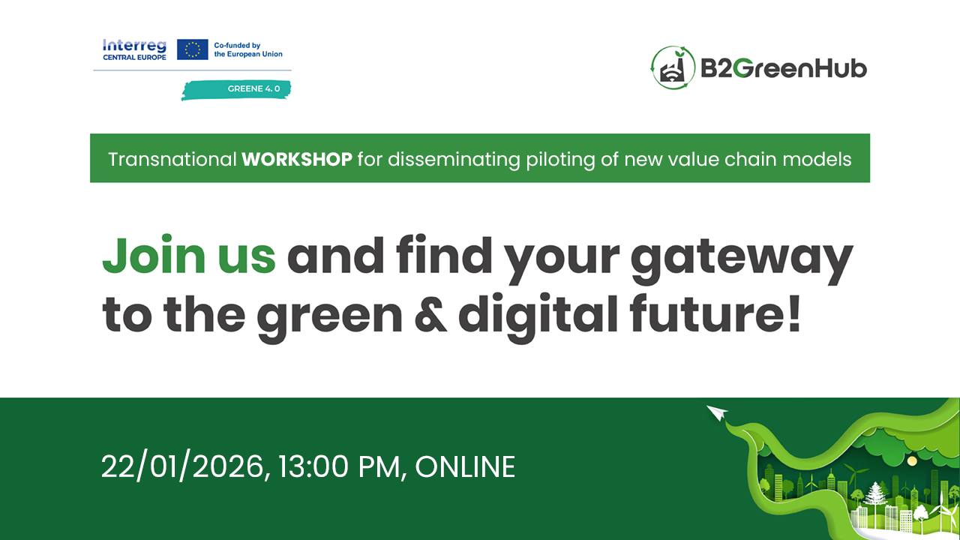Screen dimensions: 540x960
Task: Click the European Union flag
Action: tap(193, 49)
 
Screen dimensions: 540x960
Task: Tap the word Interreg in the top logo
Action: tap(134, 45)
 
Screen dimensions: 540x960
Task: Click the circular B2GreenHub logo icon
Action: tap(673, 67)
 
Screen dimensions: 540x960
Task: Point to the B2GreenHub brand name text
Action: tap(783, 69)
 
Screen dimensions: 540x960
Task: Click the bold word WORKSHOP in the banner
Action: tap(297, 159)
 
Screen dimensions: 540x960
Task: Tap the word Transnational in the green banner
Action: tap(172, 159)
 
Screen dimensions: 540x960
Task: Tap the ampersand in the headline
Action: tap(430, 316)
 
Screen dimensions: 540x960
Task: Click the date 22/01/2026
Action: tap(184, 466)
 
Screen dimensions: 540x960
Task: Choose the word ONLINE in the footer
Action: tap(465, 466)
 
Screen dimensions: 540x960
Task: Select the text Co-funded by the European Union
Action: tap(248, 49)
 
